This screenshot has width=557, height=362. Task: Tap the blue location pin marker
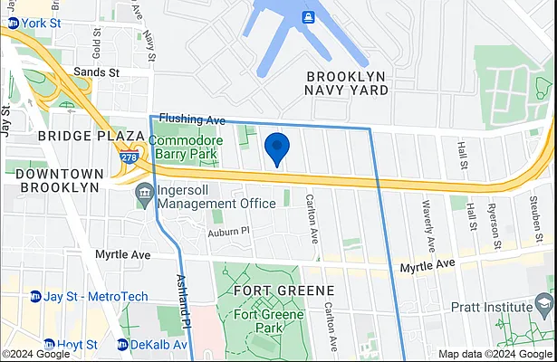276,148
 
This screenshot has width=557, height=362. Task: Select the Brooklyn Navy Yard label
347,83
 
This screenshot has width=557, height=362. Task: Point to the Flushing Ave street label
191,119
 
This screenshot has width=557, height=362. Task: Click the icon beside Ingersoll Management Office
144,194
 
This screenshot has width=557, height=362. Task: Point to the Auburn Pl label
227,232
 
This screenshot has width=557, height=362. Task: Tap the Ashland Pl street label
183,301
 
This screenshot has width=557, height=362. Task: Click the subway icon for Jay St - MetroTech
35,296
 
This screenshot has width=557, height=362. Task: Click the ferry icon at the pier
308,16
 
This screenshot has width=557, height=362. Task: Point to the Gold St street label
97,39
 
